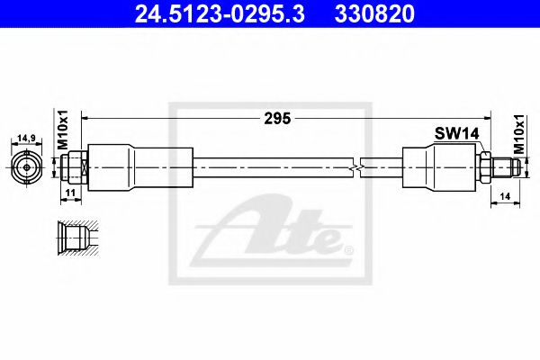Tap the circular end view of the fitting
pos(26,166)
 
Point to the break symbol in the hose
pos(360,166)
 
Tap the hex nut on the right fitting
pos(484,166)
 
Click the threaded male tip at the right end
pos(508,166)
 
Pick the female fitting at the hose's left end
pos(76,166)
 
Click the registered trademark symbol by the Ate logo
pos(349,247)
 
